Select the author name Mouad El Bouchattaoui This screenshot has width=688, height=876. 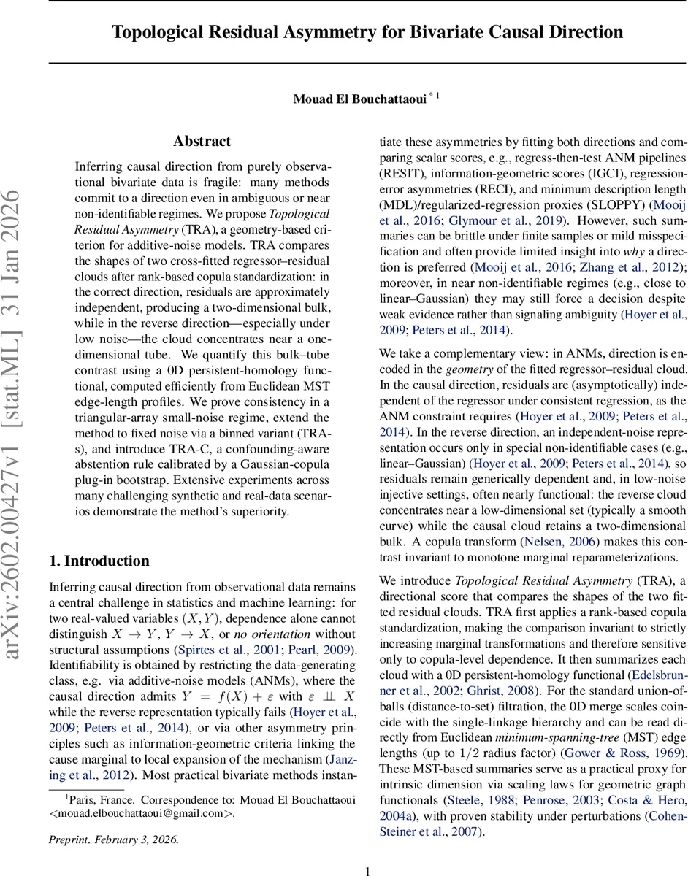coord(359,98)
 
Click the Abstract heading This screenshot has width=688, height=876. coord(202,141)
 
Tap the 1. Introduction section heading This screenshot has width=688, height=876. coord(99,561)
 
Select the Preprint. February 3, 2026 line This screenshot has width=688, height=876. coord(113,839)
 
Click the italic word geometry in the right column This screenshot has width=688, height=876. coord(468,369)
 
